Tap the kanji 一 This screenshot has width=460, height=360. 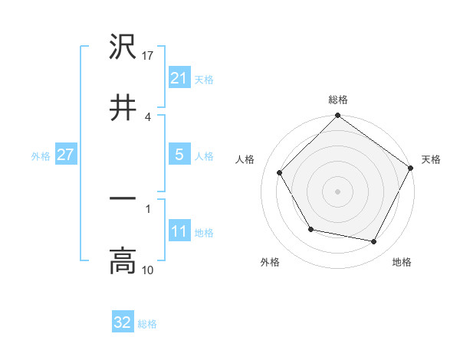pyautogui.click(x=123, y=198)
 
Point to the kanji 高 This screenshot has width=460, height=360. pyautogui.click(x=123, y=261)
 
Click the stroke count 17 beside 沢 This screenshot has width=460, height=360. pyautogui.click(x=149, y=55)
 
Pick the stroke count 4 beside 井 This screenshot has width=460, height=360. pyautogui.click(x=147, y=117)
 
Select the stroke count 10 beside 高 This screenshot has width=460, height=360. pyautogui.click(x=149, y=270)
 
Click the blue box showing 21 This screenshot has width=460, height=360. pyautogui.click(x=179, y=77)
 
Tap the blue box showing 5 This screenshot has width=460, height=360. pyautogui.click(x=179, y=155)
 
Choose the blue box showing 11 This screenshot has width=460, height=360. pyautogui.click(x=179, y=231)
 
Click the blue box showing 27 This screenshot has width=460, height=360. pyautogui.click(x=65, y=155)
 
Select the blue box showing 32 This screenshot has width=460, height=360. pyautogui.click(x=123, y=322)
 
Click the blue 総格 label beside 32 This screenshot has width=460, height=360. pyautogui.click(x=148, y=324)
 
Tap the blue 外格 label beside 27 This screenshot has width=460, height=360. pyautogui.click(x=41, y=155)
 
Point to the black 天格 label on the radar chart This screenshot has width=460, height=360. pyautogui.click(x=431, y=159)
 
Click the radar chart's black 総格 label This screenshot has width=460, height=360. pyautogui.click(x=337, y=100)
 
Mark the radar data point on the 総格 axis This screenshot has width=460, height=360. pyautogui.click(x=337, y=116)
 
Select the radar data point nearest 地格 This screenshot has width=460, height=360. pyautogui.click(x=374, y=242)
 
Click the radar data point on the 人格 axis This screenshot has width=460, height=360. pyautogui.click(x=279, y=172)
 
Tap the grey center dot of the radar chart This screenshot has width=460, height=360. pyautogui.click(x=337, y=191)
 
